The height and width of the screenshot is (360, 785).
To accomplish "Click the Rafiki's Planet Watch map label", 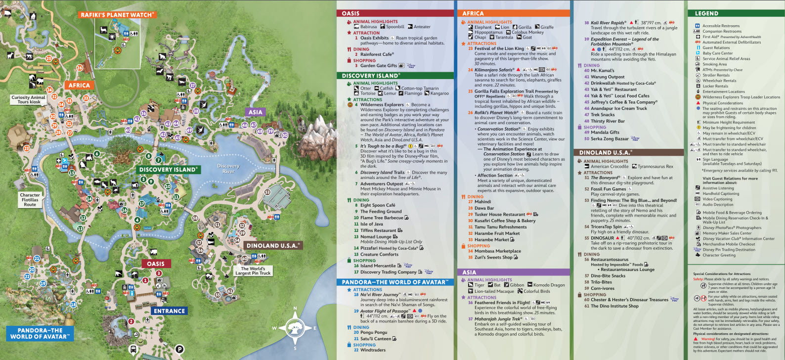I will coord(117,15).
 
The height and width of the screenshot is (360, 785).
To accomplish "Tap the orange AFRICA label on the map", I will coord(79,85).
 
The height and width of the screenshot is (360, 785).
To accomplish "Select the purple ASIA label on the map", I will coord(255,112).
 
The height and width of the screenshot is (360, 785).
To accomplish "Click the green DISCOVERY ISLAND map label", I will coord(168,170).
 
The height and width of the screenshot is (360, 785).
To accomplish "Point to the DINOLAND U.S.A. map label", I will coord(273,245).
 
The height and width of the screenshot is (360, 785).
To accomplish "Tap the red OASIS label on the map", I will coord(155,264).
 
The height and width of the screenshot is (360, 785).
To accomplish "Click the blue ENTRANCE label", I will coord(169,311).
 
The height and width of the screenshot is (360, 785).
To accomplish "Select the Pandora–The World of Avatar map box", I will coord(40,333).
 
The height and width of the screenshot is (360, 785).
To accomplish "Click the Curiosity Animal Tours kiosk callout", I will coord(29,99).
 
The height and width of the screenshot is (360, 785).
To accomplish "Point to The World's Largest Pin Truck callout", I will coord(253,270).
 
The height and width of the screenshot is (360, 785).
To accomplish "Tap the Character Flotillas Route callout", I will coord(30,199).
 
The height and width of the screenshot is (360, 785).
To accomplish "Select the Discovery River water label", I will coord(228,169).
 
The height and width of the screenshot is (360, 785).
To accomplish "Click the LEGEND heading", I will coord(706,13).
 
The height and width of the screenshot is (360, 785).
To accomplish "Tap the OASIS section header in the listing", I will coord(350,13).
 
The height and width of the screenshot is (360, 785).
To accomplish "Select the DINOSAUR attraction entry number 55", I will coord(602,238).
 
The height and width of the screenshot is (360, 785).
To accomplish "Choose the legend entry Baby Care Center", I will coord(717,53).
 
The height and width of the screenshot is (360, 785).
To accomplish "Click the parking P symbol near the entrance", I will coord(180,349).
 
